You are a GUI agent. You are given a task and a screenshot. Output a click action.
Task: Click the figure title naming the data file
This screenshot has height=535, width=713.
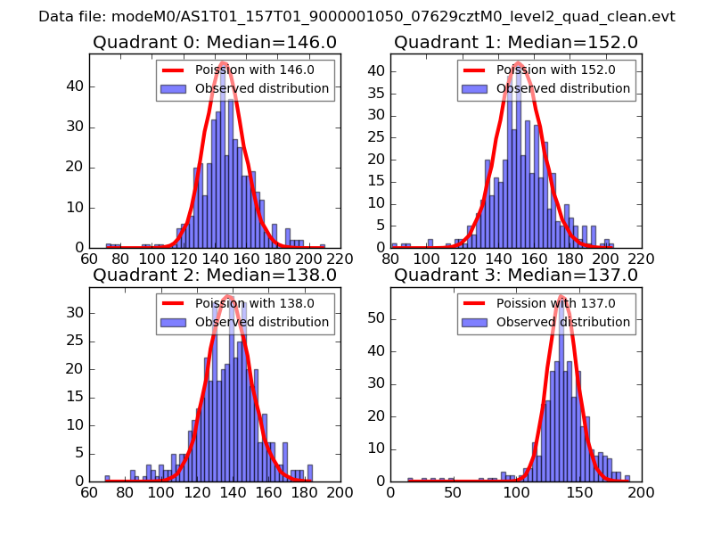pos(356,17)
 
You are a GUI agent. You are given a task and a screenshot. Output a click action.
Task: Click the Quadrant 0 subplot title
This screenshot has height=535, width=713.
pos(214,43)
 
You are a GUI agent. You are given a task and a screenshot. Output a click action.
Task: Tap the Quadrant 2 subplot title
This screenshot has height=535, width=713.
pos(214,276)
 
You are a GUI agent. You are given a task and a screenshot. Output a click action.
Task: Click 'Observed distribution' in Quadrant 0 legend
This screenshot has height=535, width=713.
pos(261,89)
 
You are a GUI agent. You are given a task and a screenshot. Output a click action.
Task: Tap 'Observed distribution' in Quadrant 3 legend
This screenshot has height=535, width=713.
pos(562,322)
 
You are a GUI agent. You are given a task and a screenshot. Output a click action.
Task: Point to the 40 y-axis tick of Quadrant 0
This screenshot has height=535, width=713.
pos(78,86)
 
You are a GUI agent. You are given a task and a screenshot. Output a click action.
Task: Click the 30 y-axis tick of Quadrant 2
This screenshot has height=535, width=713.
pos(78,313)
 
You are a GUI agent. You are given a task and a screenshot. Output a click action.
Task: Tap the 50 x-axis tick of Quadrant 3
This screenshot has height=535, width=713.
pos(454,492)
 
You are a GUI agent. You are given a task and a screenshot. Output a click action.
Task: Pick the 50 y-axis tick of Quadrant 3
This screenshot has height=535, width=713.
pos(379,317)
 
